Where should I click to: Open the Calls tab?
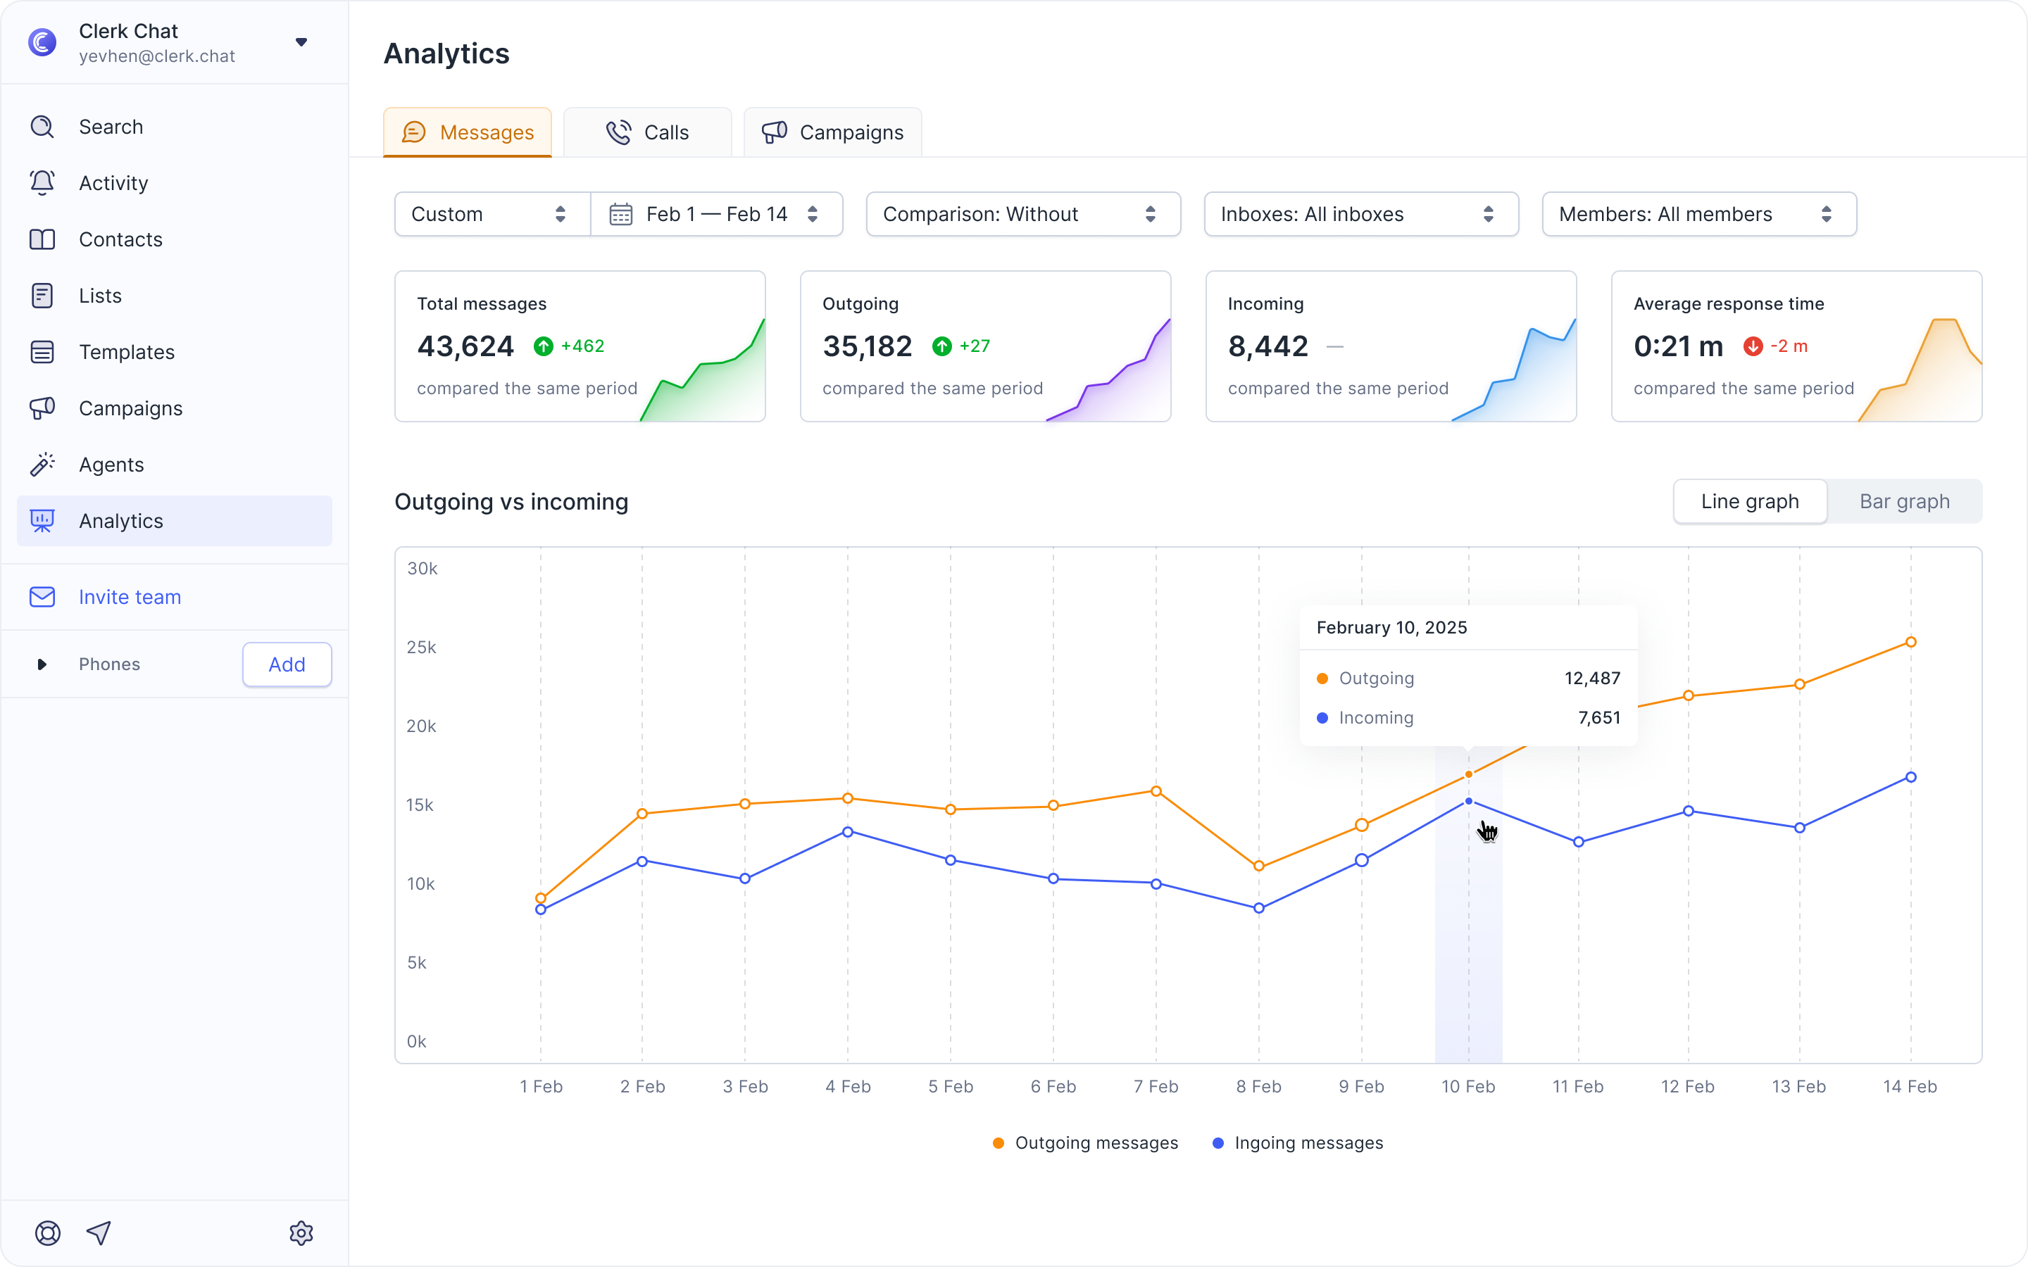[x=647, y=132]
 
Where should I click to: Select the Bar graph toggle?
[x=1904, y=501]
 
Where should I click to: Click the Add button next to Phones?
[x=287, y=664]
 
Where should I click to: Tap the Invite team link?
[x=130, y=597]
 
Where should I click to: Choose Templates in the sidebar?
[x=127, y=352]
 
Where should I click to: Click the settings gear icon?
[x=301, y=1233]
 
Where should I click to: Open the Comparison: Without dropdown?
[x=1023, y=215]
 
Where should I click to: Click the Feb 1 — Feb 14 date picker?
[x=717, y=215]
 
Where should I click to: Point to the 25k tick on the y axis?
[x=422, y=647]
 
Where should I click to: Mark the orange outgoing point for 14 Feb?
[x=1910, y=642]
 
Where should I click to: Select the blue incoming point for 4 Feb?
[x=847, y=832]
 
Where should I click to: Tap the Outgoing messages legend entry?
[x=1085, y=1143]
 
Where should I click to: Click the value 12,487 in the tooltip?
[x=1592, y=678]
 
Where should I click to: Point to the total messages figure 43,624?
[x=465, y=346]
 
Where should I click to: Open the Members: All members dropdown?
[x=1699, y=215]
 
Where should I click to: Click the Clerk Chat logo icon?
[x=43, y=42]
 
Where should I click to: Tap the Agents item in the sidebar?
[x=111, y=465]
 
